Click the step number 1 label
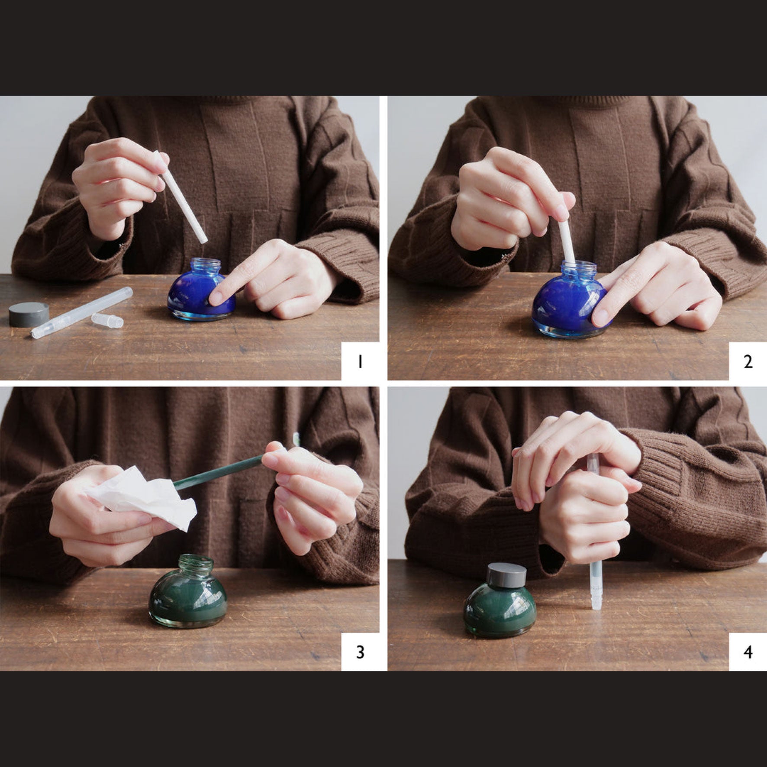[x=360, y=361]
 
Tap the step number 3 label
[x=360, y=652]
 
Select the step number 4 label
[x=748, y=652]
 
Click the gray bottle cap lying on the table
[x=29, y=314]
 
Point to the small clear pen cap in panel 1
[x=107, y=320]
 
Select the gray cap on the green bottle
[x=506, y=574]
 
